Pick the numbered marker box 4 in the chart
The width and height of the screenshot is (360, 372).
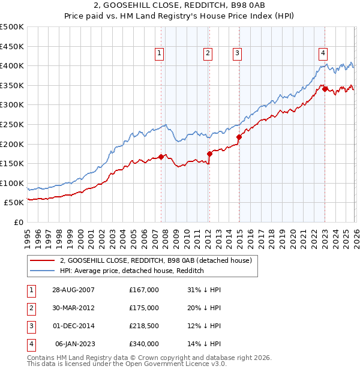pos(323,53)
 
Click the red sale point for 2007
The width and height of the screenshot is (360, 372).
pos(161,157)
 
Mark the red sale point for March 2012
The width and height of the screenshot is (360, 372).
pos(209,154)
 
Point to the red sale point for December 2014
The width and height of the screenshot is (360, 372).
pos(239,137)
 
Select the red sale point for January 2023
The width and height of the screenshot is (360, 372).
pos(325,89)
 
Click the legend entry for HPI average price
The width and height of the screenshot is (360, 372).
pos(132,271)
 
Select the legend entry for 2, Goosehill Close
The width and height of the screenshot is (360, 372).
pos(158,260)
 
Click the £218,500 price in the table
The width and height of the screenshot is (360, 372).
pos(144,326)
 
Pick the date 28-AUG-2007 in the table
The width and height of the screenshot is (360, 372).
pos(73,290)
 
